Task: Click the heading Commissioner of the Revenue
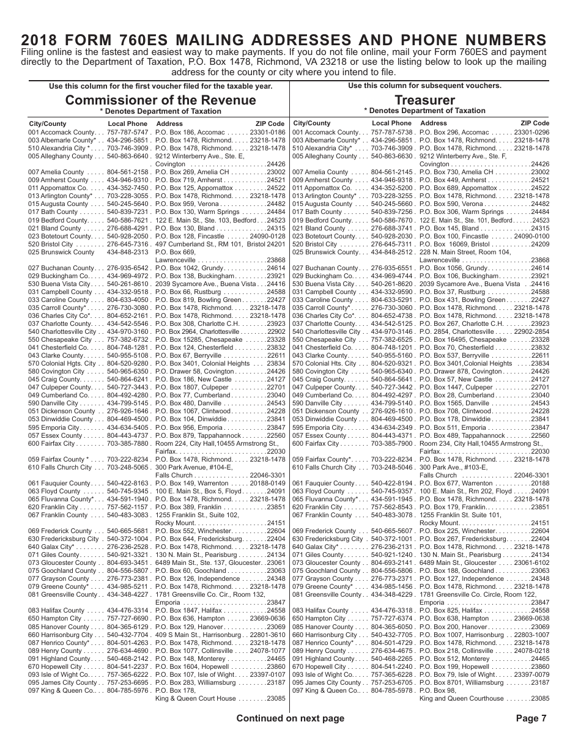coord(161,100)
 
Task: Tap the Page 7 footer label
coord(531,718)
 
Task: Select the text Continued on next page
coord(290,718)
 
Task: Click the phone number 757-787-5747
coord(128,132)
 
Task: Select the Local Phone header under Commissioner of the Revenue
coord(127,123)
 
